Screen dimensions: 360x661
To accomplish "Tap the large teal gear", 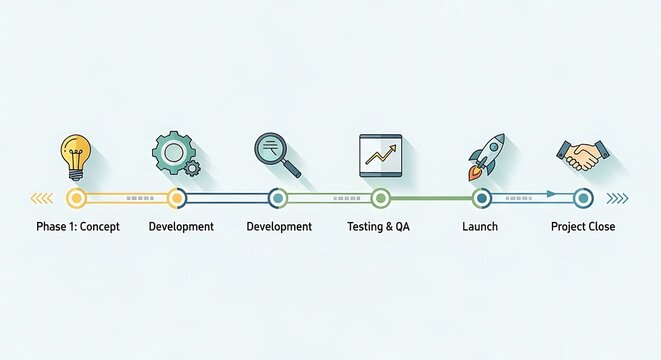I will [x=171, y=152].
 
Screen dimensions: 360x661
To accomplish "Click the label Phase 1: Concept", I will [x=78, y=227].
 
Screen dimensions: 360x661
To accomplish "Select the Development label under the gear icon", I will [x=181, y=227].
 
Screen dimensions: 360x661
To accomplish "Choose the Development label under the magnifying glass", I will [x=279, y=227].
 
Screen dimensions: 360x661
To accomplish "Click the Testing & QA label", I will [x=378, y=227].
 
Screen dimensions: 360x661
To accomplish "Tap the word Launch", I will [x=480, y=227].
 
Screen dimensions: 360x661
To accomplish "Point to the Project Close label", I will [x=583, y=227].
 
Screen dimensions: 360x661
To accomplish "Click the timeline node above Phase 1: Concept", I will [x=76, y=198].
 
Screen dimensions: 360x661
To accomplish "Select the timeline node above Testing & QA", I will [x=380, y=198].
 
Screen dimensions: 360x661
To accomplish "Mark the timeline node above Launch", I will [x=481, y=198].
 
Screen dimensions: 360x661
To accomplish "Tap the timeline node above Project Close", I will [x=583, y=198].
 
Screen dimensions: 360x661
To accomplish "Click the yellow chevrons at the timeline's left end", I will [x=43, y=198].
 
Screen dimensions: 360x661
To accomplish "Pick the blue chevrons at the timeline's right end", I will [x=618, y=198].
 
